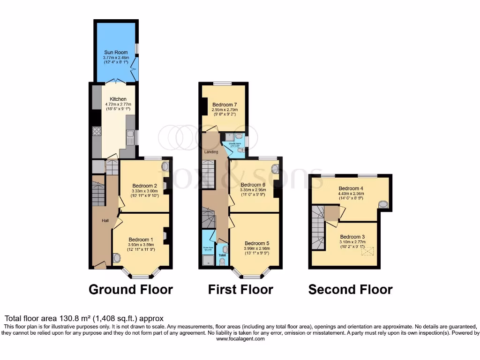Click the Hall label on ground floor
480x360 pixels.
(106, 220)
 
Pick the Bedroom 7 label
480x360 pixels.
(223, 105)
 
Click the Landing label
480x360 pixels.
(211, 152)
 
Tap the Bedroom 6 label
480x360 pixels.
(253, 185)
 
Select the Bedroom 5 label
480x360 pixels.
(257, 243)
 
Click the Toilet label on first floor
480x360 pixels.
(223, 256)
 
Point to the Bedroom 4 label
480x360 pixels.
(351, 188)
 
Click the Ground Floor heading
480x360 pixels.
(131, 290)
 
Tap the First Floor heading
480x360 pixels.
(240, 290)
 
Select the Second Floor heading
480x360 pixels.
(350, 290)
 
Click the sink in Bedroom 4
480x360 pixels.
(383, 204)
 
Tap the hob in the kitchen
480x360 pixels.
(97, 132)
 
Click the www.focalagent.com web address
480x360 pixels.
(240, 338)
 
